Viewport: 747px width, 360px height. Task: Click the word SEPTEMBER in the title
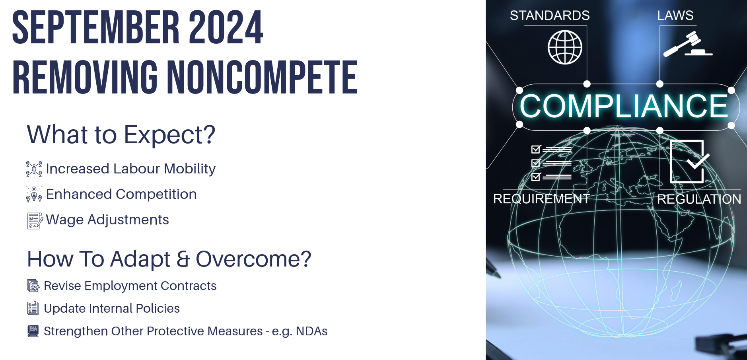pyautogui.click(x=96, y=27)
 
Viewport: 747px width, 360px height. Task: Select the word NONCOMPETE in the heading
pyautogui.click(x=262, y=77)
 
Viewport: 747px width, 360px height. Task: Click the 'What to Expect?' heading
pyautogui.click(x=121, y=134)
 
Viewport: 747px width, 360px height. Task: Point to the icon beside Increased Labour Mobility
pyautogui.click(x=34, y=169)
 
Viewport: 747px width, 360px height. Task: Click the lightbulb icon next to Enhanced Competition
pyautogui.click(x=34, y=195)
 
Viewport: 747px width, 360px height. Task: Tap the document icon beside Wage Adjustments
pyautogui.click(x=35, y=221)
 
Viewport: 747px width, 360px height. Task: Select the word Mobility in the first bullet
pyautogui.click(x=190, y=169)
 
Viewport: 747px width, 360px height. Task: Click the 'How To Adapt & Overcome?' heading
pyautogui.click(x=169, y=259)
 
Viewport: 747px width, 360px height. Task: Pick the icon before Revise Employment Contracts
pyautogui.click(x=33, y=286)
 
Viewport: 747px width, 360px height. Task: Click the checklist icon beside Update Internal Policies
pyautogui.click(x=33, y=308)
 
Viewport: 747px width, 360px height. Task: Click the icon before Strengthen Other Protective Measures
pyautogui.click(x=33, y=331)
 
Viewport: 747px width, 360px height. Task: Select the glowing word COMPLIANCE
pyautogui.click(x=624, y=106)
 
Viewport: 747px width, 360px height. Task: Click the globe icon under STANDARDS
pyautogui.click(x=565, y=47)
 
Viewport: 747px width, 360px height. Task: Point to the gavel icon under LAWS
pyautogui.click(x=687, y=44)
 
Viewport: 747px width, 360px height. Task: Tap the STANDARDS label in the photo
pyautogui.click(x=550, y=16)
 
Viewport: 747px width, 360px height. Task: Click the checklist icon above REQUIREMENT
pyautogui.click(x=552, y=163)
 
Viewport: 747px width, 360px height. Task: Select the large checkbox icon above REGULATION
pyautogui.click(x=689, y=161)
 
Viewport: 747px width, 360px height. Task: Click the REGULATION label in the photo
pyautogui.click(x=699, y=199)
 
